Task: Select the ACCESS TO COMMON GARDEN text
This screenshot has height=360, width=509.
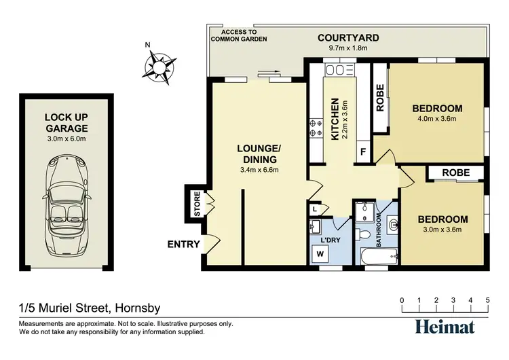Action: coord(239,35)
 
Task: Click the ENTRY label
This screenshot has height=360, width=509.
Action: coord(183,245)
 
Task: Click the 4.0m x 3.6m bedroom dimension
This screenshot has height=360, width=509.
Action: coord(437,119)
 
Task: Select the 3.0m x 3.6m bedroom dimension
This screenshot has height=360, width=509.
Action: coord(442,230)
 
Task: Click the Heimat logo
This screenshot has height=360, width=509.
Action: coord(445,326)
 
